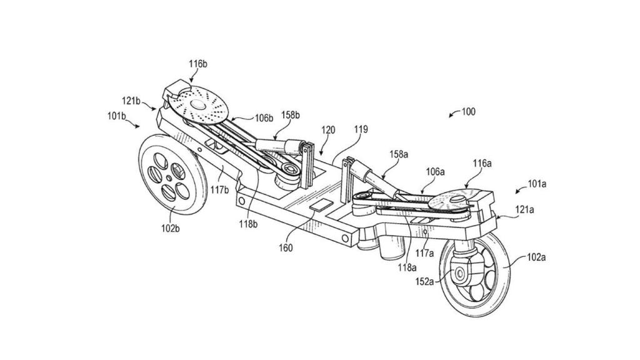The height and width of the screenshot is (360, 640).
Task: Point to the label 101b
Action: tap(116, 116)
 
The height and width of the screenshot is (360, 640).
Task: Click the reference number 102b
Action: tap(170, 228)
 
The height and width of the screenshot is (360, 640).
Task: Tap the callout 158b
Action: tap(289, 115)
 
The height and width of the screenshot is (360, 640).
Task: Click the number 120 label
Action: tap(328, 130)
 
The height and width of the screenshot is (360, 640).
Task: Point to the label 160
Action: tap(286, 247)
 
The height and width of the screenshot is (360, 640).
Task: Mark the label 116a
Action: tap(481, 163)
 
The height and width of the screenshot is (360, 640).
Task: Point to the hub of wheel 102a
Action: tap(461, 272)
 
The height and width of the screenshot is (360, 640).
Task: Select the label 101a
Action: tap(536, 184)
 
